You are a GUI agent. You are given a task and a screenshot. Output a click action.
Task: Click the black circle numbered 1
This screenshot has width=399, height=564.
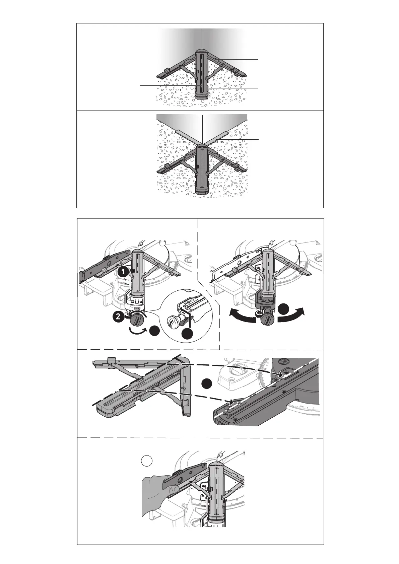pyautogui.click(x=123, y=272)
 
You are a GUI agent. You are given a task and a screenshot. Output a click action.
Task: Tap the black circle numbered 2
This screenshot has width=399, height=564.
pyautogui.click(x=118, y=317)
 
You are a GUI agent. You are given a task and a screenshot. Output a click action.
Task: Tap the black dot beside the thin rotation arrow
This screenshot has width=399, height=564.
pyautogui.click(x=155, y=331)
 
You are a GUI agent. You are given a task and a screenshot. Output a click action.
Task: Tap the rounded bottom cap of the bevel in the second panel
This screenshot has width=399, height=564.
pyautogui.click(x=202, y=191)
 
